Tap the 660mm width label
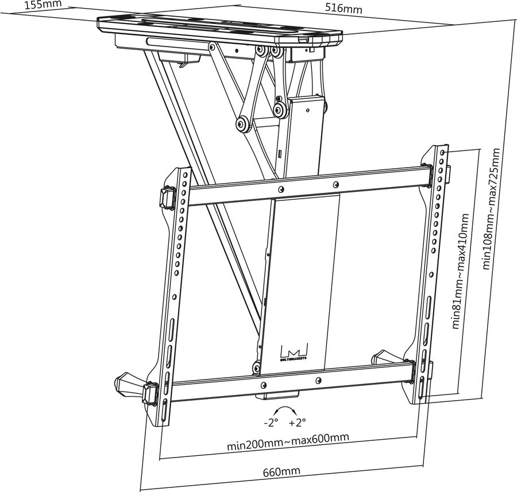click(281, 472)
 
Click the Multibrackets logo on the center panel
click(294, 351)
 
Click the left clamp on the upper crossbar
click(167, 197)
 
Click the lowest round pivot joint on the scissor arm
click(242, 123)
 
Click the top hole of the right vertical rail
click(442, 152)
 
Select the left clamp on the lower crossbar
click(152, 393)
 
